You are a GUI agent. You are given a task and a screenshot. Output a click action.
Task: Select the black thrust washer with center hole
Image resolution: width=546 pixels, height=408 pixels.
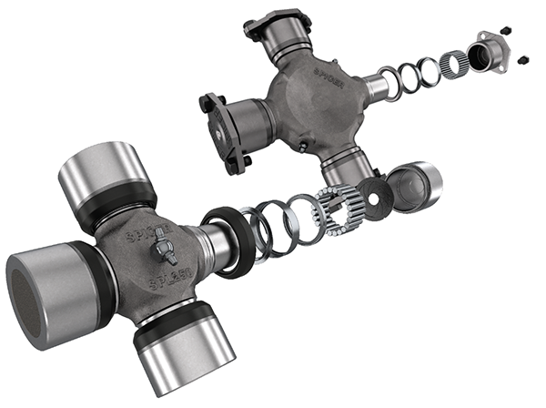[372, 193]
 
